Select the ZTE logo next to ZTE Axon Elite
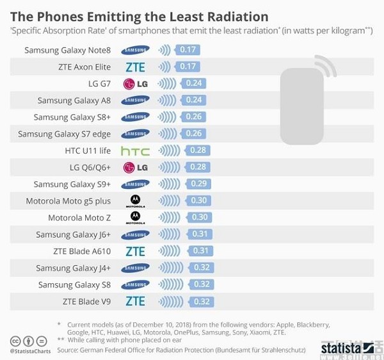point(135,67)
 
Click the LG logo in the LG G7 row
point(135,83)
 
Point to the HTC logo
point(135,151)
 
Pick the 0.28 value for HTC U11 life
point(198,150)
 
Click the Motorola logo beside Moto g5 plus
point(135,201)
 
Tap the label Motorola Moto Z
point(79,218)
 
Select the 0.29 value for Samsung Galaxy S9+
point(198,184)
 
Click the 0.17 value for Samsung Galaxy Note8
point(188,49)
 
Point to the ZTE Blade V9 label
point(86,301)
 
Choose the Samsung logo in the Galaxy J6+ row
point(135,234)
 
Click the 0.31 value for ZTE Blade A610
point(200,250)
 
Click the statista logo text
point(345,348)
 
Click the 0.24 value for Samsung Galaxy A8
point(193,100)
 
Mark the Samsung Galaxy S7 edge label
point(64,134)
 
